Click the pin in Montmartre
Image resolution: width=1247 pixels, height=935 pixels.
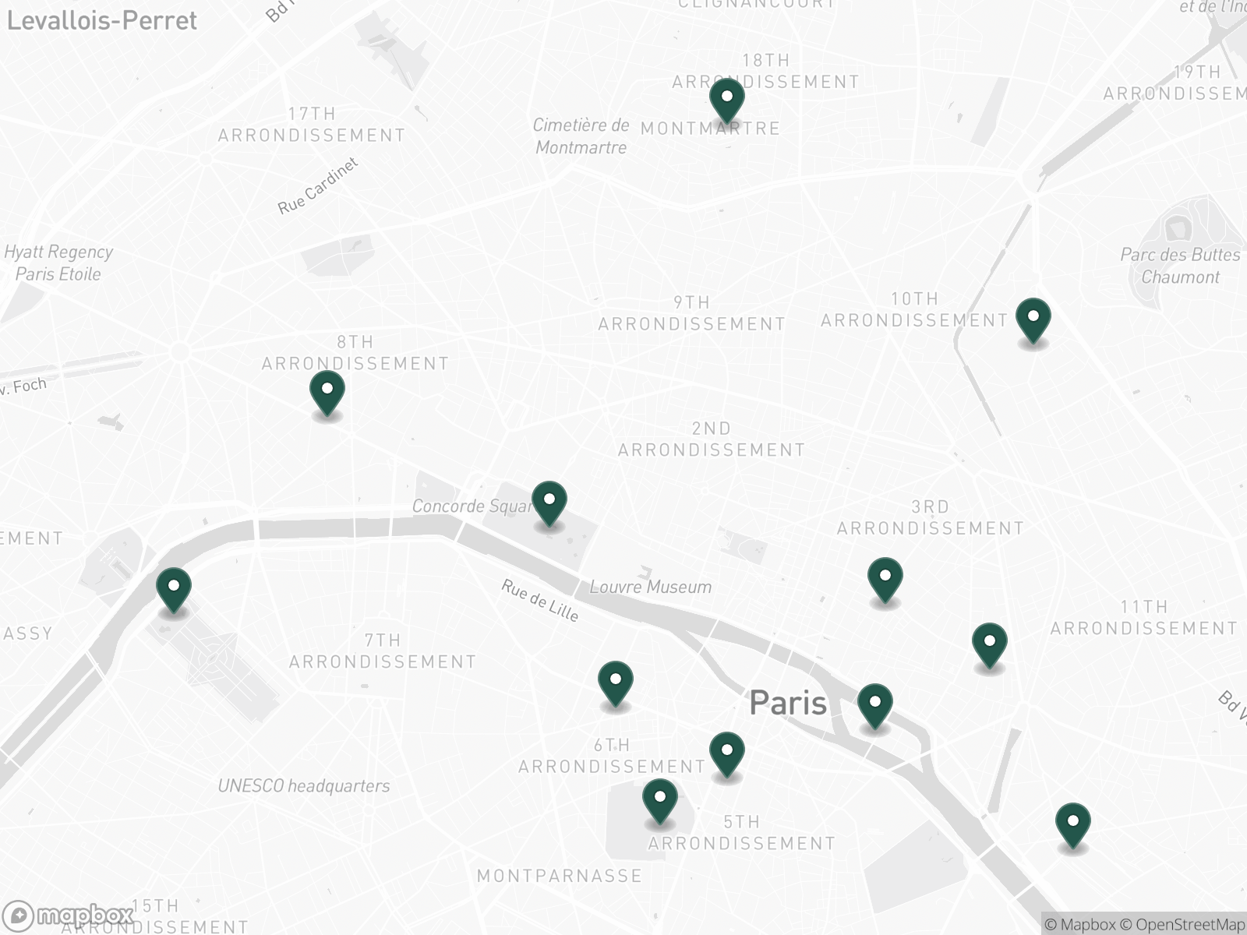726,100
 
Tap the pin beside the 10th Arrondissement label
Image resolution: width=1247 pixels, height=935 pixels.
1033,319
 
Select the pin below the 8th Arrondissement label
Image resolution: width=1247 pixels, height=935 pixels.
327,391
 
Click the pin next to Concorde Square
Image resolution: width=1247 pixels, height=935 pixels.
549,502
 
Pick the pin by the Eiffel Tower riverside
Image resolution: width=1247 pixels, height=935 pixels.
173,589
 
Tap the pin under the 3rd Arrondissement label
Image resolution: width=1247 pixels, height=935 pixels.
885,579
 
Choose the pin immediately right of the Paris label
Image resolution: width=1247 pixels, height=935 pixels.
874,704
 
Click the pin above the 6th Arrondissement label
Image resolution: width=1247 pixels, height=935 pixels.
615,682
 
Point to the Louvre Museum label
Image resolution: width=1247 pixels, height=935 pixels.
650,587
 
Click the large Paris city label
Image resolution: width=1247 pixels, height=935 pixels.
787,703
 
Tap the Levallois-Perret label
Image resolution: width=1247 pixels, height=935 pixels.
102,20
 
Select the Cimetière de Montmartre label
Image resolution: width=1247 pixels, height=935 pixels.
581,136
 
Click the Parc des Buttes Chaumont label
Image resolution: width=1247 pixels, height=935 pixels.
1180,266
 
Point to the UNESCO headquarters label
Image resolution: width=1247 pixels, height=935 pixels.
303,785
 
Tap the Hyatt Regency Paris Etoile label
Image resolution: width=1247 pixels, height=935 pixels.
58,263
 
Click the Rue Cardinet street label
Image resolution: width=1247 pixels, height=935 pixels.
318,186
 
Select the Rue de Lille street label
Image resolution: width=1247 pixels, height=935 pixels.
540,601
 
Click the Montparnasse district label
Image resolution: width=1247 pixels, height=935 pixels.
559,876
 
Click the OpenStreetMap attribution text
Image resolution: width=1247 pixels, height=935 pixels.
1190,925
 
